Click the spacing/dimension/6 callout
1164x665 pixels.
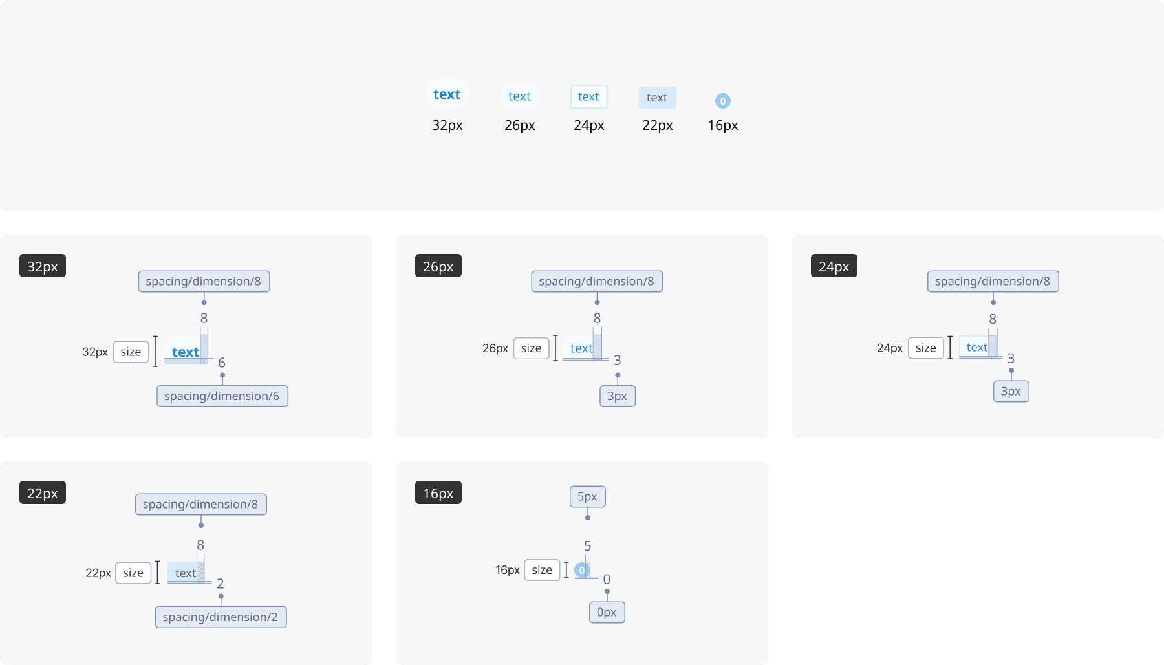pos(222,396)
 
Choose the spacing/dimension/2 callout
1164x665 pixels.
pos(221,617)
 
